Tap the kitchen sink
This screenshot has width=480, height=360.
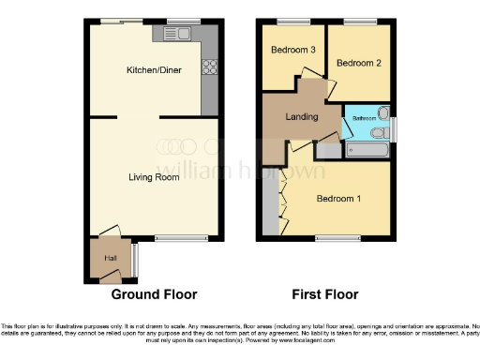(x=175, y=35)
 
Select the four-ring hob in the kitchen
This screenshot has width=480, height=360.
(x=209, y=67)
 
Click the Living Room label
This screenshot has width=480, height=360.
(x=154, y=176)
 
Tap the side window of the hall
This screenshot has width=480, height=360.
(x=134, y=258)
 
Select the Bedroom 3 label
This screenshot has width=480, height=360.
(x=292, y=50)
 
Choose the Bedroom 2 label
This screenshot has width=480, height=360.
(x=357, y=63)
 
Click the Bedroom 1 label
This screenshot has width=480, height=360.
(x=337, y=199)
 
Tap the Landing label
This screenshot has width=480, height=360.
(x=300, y=117)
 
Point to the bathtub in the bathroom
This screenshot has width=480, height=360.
(x=367, y=148)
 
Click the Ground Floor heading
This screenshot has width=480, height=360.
(x=155, y=294)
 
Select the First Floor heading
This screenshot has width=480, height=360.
(x=324, y=294)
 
